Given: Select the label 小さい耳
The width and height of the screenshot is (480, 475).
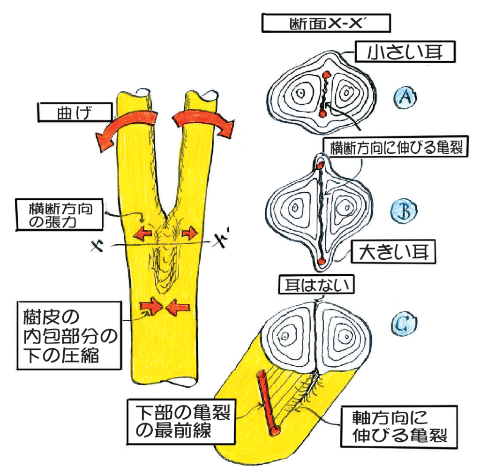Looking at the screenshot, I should tap(405, 52).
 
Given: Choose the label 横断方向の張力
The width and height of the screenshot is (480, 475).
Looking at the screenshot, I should tap(59, 215).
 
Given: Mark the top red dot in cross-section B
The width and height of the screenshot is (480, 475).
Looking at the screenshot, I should tap(320, 166).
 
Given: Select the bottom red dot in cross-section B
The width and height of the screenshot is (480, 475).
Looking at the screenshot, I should tap(321, 261).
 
